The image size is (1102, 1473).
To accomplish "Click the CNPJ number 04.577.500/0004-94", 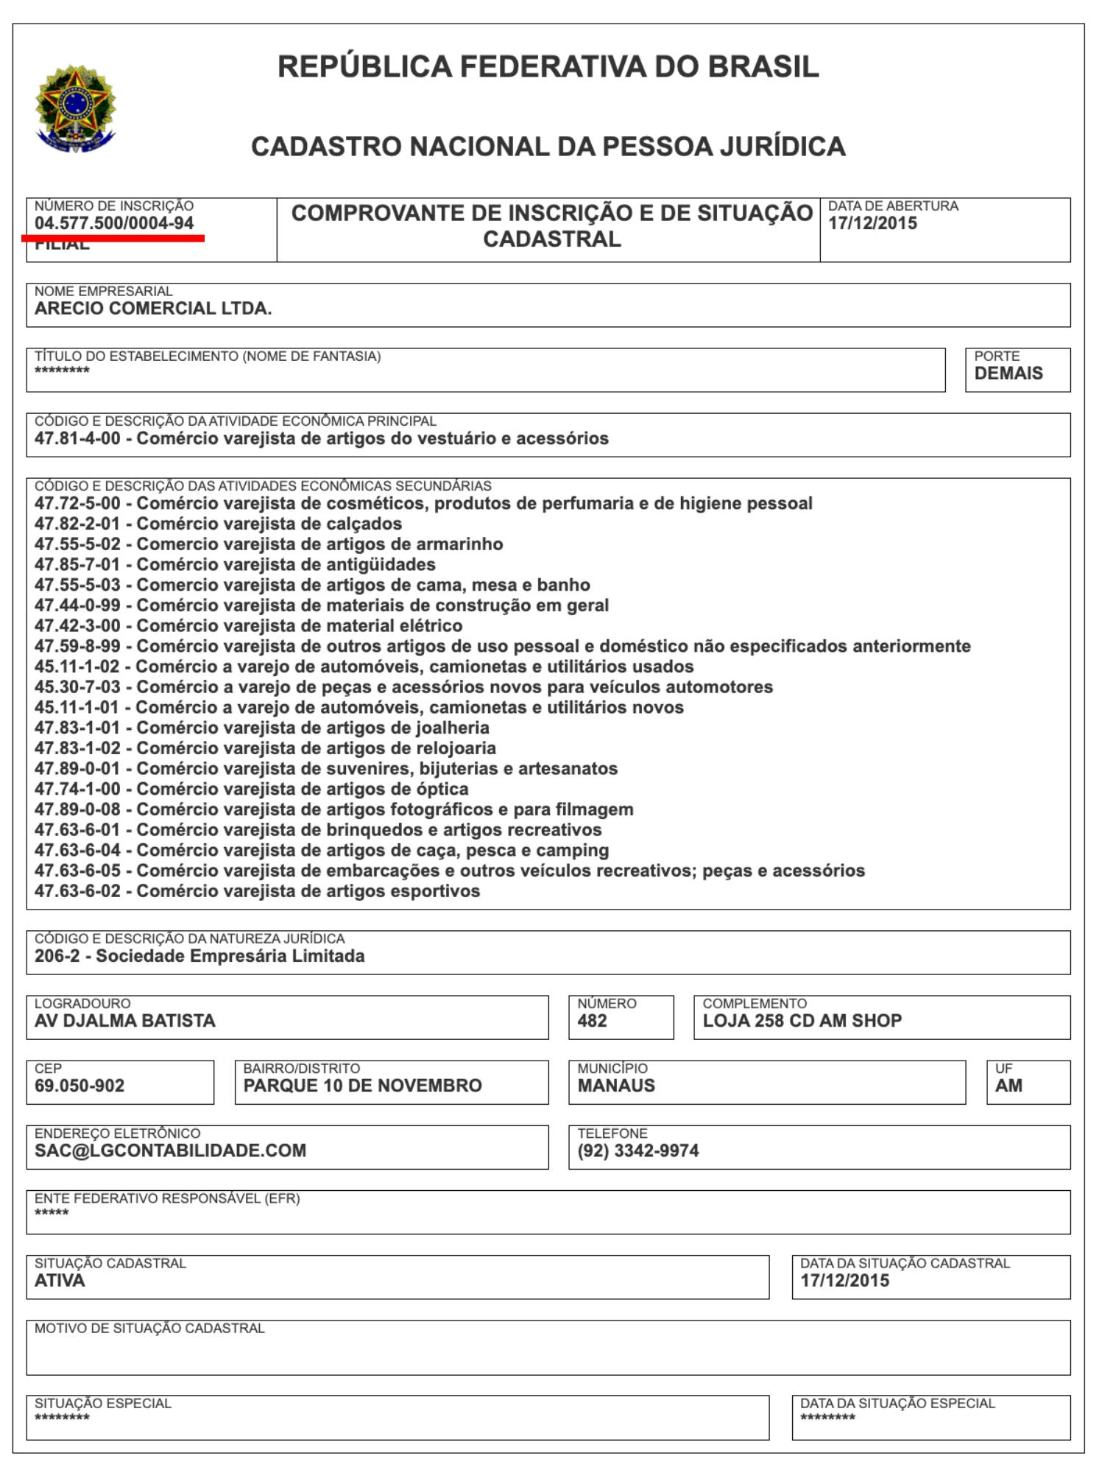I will (114, 223).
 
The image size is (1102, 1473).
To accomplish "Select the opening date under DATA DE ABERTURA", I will (872, 223).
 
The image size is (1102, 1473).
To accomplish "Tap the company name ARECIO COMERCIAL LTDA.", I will (153, 309).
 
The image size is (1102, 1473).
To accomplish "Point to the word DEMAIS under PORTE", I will (1009, 373).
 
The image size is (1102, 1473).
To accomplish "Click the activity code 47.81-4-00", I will (77, 439).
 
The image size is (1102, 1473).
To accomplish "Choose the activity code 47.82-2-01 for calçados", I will (77, 524).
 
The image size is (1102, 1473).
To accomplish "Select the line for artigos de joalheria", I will (261, 728).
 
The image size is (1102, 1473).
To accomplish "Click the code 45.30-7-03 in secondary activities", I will (77, 687).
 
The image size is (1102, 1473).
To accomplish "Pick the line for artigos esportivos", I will (257, 891).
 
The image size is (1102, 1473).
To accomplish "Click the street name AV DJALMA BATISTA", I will (125, 1021).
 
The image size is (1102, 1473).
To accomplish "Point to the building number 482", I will (592, 1021).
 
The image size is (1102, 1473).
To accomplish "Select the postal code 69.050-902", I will (80, 1086).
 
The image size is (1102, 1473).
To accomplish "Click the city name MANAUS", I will (616, 1086).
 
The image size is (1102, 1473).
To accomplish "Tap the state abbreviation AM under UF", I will (1009, 1086).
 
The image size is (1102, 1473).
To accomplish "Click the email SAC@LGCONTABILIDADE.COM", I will (170, 1150).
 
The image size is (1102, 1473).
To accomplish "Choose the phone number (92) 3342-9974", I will (638, 1150).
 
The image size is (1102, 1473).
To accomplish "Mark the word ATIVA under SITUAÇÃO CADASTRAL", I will (60, 1281).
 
